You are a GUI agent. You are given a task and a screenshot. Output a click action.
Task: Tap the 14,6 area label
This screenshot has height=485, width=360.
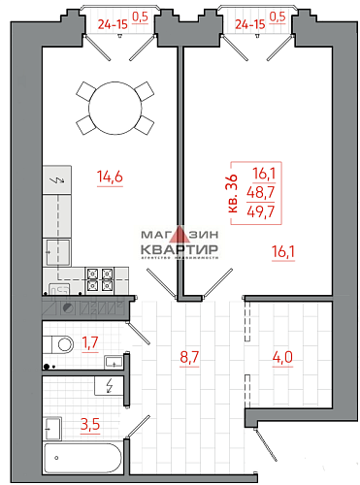coord(110,176)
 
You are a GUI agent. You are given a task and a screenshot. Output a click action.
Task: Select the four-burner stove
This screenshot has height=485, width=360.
coord(99,278)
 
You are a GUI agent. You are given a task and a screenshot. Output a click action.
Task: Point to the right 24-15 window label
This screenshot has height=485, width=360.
coord(247,16)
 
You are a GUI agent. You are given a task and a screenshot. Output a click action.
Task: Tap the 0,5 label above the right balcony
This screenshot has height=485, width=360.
coord(278,16)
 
